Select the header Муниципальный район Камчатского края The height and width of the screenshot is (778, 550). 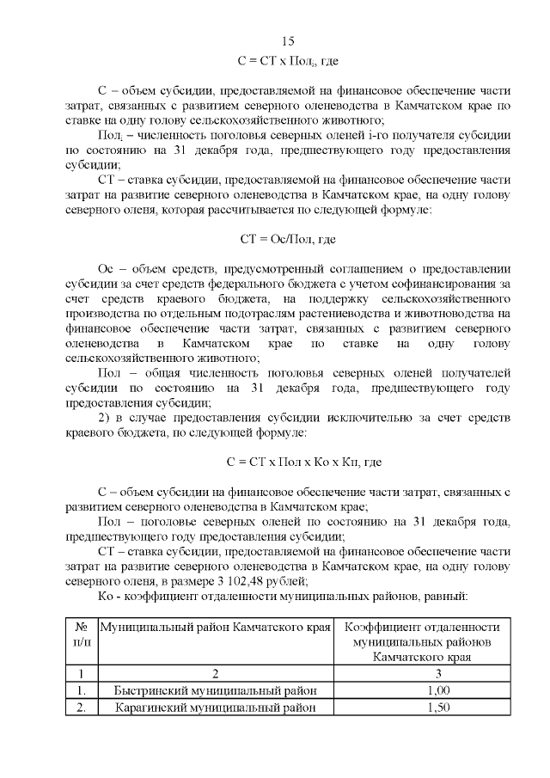tap(215, 627)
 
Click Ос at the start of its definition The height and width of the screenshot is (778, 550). tap(107, 266)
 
